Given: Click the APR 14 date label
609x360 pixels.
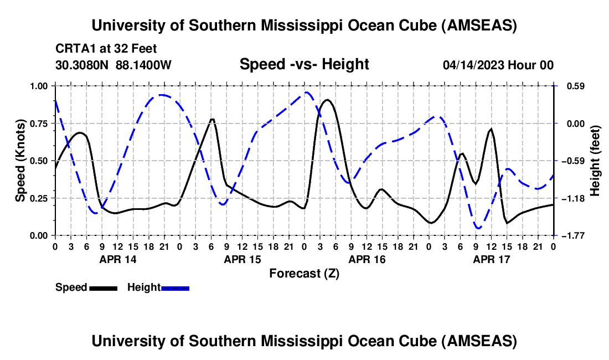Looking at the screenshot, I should pyautogui.click(x=117, y=259).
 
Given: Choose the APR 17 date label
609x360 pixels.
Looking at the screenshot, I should pyautogui.click(x=491, y=259).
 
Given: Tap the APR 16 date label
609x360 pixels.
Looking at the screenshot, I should pyautogui.click(x=366, y=259).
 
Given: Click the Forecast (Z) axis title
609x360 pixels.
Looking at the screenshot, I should pyautogui.click(x=304, y=273).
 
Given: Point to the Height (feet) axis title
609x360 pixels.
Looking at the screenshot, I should pyautogui.click(x=596, y=161).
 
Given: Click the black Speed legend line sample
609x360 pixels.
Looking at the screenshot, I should pyautogui.click(x=102, y=287).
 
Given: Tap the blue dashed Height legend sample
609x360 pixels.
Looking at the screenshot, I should pyautogui.click(x=175, y=287).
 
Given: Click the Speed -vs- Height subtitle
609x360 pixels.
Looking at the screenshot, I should pyautogui.click(x=304, y=64).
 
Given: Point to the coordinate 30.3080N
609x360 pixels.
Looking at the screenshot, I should pyautogui.click(x=83, y=65).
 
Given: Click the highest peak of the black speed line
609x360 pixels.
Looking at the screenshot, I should pyautogui.click(x=327, y=100).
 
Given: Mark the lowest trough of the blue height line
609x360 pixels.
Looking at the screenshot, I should pyautogui.click(x=478, y=228).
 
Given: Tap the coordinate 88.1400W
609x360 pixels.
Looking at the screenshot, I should pyautogui.click(x=144, y=65).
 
